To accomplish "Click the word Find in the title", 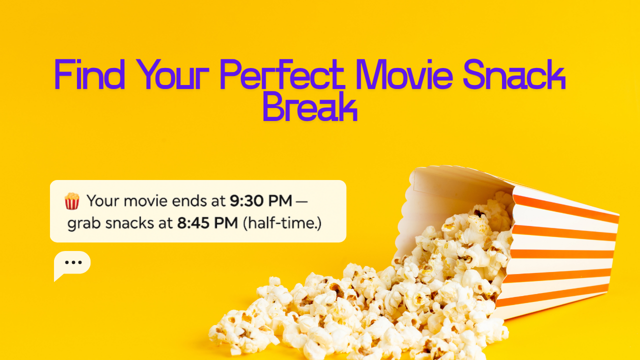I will pyautogui.click(x=89, y=75).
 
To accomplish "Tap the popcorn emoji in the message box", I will pyautogui.click(x=72, y=201).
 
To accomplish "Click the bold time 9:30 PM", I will pyautogui.click(x=260, y=201).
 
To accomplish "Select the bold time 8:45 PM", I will pyautogui.click(x=207, y=222).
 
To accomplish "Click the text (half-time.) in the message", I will pyautogui.click(x=282, y=222).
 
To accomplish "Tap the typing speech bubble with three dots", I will pyautogui.click(x=72, y=264).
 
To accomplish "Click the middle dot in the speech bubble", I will pyautogui.click(x=73, y=262).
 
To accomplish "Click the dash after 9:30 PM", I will pyautogui.click(x=302, y=201).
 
